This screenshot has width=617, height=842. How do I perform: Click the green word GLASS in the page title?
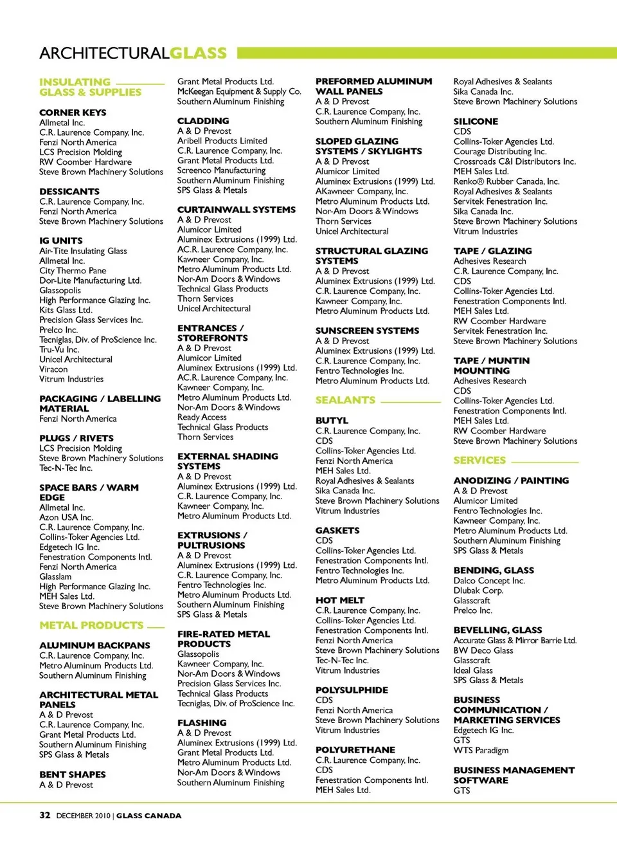click(199, 53)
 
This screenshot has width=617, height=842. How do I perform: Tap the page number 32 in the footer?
click(45, 815)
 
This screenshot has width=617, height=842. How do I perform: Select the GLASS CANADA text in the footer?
click(148, 816)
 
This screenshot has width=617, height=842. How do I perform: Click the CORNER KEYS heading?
click(73, 113)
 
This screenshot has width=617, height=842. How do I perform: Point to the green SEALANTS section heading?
click(345, 400)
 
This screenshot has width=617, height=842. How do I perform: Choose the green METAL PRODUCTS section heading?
click(91, 625)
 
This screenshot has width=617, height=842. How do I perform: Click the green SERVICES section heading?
click(479, 461)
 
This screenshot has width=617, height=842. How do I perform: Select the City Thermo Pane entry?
click(73, 271)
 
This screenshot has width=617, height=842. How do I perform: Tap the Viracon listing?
click(53, 369)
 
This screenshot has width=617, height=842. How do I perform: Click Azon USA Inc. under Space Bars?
click(66, 517)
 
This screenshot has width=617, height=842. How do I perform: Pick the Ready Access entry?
click(202, 417)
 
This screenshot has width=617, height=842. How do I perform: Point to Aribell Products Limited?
click(222, 141)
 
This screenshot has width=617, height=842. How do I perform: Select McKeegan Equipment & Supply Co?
click(239, 91)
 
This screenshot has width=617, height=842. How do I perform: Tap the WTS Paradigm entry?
click(481, 750)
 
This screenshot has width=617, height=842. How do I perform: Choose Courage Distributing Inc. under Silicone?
click(499, 152)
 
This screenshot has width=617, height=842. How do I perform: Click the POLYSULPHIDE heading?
click(352, 690)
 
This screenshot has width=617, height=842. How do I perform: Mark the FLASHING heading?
click(202, 723)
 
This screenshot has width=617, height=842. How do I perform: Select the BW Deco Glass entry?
click(483, 650)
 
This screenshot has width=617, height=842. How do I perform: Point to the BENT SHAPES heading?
click(73, 774)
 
